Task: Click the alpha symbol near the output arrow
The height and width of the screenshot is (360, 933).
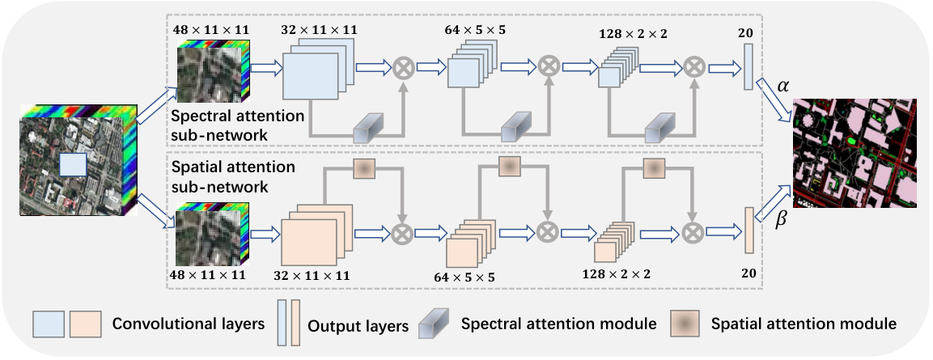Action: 783,87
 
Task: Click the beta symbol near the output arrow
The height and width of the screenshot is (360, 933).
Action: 783,219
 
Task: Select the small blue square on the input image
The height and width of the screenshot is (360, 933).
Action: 74,165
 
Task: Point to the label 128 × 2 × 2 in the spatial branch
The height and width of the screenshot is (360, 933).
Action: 617,274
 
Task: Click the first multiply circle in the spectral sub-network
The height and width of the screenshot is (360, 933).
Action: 404,69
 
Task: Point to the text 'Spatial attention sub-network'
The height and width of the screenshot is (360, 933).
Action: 233,176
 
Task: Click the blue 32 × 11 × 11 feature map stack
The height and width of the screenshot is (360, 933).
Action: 318,69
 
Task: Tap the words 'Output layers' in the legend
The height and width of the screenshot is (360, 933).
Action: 358,326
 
